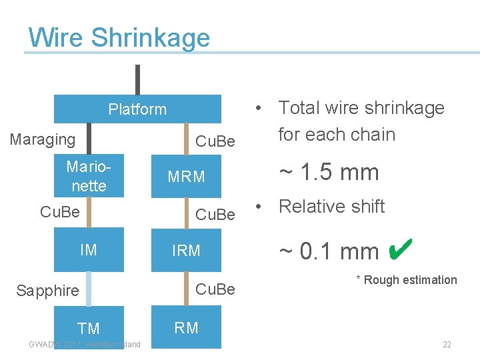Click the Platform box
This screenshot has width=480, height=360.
click(x=137, y=109)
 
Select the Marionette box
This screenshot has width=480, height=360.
click(x=89, y=177)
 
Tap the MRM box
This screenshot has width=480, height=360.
click(x=187, y=177)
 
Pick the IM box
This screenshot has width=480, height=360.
click(x=89, y=250)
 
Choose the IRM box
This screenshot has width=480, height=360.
click(x=187, y=251)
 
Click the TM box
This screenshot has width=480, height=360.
click(x=89, y=328)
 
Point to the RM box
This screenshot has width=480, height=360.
click(x=187, y=327)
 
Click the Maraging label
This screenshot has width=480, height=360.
click(x=43, y=139)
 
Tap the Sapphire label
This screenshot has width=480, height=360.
click(x=47, y=290)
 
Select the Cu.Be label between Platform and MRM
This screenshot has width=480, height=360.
click(x=215, y=141)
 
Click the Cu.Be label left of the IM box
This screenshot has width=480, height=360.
click(x=60, y=212)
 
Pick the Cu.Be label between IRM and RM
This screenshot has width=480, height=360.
click(x=215, y=289)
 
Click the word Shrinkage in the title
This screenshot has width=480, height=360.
click(x=151, y=37)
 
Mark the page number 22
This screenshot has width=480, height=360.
click(x=447, y=345)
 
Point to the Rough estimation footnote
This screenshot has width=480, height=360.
click(x=407, y=280)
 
